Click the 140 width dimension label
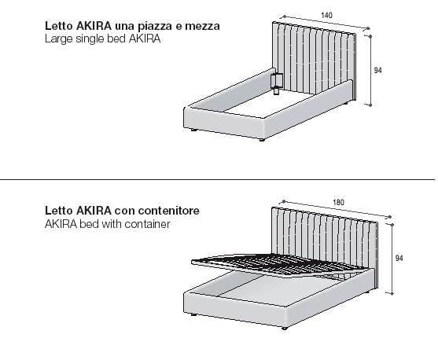pos(326,15)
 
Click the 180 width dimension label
pos(338,202)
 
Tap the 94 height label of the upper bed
pos(377,71)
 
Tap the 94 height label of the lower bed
pos(399,259)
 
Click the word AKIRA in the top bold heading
pos(94,26)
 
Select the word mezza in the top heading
pos(202,27)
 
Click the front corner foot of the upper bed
pos(262,140)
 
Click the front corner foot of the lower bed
pos(285,328)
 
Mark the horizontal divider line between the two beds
pos(217,179)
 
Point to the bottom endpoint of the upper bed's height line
pos(370,105)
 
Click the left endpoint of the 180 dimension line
pos(284,201)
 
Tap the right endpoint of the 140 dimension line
pos(369,28)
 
